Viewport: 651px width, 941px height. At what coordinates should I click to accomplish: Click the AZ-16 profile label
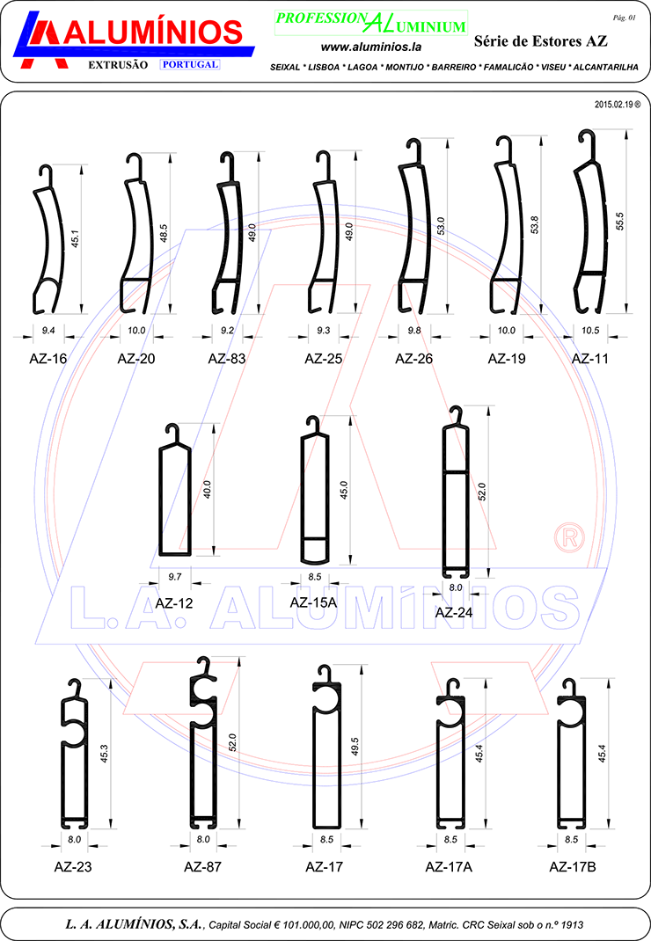tap(48, 359)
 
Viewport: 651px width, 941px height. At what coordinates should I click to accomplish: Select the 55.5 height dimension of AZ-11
tap(620, 221)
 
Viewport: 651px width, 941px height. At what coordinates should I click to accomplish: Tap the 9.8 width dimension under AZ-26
tap(414, 331)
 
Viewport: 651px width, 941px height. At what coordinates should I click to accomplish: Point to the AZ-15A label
tap(313, 602)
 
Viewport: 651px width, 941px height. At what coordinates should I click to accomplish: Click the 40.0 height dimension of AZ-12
tap(208, 490)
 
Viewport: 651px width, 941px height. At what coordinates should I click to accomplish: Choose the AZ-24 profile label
tap(453, 613)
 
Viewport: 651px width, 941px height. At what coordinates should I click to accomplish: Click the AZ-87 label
tap(202, 866)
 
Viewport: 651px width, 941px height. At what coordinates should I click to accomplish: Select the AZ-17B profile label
tap(573, 866)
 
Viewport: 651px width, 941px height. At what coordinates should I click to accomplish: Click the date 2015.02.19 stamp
tap(618, 105)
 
